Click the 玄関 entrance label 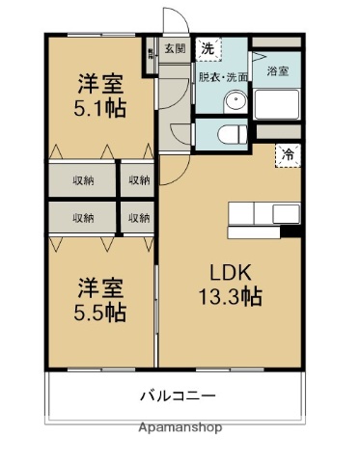[175, 48]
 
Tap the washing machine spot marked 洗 [208, 48]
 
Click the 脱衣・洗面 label [224, 74]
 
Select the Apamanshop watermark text [180, 425]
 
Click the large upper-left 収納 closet [82, 180]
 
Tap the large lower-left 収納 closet [82, 217]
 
